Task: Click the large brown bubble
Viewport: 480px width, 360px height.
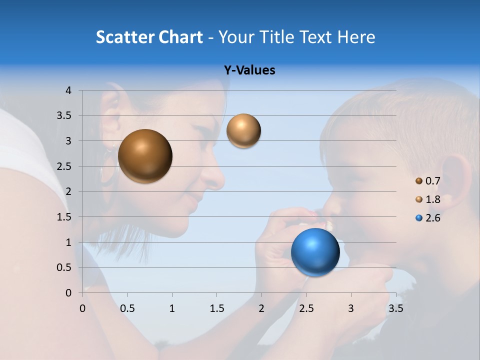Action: tap(145, 156)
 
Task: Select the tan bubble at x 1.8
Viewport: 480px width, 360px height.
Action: tap(243, 131)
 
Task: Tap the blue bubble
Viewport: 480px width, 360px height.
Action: tap(315, 252)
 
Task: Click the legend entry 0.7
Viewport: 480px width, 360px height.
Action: tap(432, 181)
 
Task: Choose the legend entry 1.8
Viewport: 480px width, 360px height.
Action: tap(432, 199)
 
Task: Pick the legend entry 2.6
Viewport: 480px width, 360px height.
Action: tap(432, 218)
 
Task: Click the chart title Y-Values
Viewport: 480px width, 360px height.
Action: tap(249, 70)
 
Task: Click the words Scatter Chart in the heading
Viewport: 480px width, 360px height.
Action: tap(149, 37)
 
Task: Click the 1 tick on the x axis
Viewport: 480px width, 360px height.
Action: tap(172, 308)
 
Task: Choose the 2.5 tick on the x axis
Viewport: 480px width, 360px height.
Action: tap(306, 308)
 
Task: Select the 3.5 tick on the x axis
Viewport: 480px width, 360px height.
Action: tap(395, 308)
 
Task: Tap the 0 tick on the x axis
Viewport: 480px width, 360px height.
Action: tap(83, 308)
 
